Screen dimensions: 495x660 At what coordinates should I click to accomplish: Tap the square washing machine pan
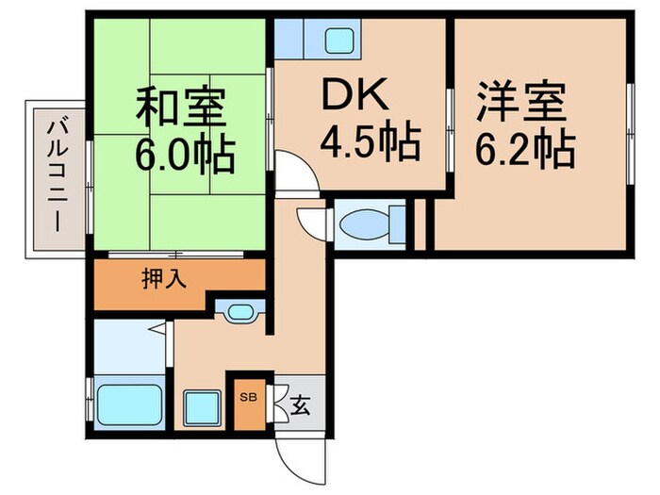(x=202, y=408)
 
